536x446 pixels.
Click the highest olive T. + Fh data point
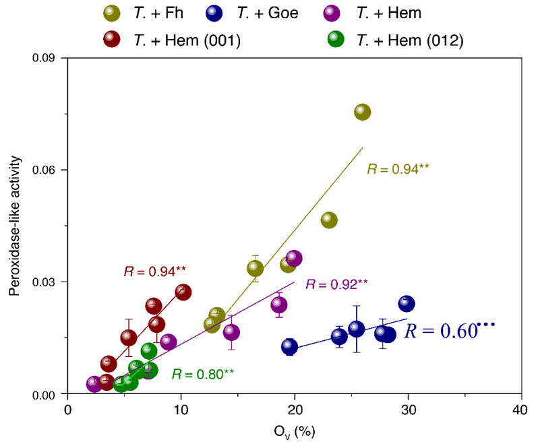pyautogui.click(x=362, y=112)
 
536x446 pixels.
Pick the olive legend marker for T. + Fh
pyautogui.click(x=113, y=13)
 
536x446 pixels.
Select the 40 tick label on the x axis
pyautogui.click(x=520, y=410)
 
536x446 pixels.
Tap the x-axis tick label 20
pyautogui.click(x=294, y=410)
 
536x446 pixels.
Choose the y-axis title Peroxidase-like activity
pyautogui.click(x=14, y=226)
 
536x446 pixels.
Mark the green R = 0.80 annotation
pyautogui.click(x=202, y=372)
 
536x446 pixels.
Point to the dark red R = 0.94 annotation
pyautogui.click(x=154, y=272)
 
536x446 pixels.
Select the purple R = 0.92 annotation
pyautogui.click(x=337, y=284)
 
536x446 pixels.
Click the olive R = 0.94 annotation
pyautogui.click(x=398, y=168)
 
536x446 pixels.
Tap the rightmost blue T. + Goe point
pyautogui.click(x=407, y=304)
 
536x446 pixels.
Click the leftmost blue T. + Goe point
pyautogui.click(x=289, y=346)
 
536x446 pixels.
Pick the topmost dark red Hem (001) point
pyautogui.click(x=183, y=292)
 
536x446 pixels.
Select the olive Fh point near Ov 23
pyautogui.click(x=329, y=220)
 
